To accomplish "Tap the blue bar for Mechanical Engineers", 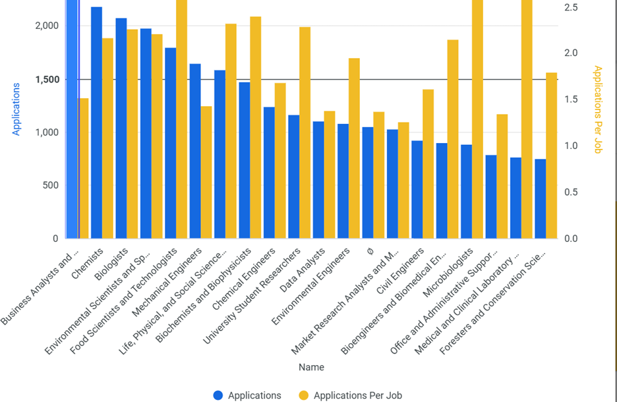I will pyautogui.click(x=195, y=151).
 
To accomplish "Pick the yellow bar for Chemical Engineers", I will pyautogui.click(x=280, y=161).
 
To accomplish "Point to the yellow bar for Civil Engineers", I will pyautogui.click(x=428, y=164).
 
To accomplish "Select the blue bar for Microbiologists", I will pyautogui.click(x=467, y=192).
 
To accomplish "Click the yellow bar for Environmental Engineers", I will pyautogui.click(x=355, y=148).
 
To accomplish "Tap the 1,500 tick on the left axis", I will pyautogui.click(x=46, y=80).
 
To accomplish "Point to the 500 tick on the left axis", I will pyautogui.click(x=50, y=185).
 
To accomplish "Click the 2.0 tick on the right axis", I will pyautogui.click(x=571, y=53).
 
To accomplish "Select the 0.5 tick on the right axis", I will pyautogui.click(x=571, y=192).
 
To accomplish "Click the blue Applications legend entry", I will pyautogui.click(x=248, y=395).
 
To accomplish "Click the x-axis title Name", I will pyautogui.click(x=310, y=367).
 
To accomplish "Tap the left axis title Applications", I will pyautogui.click(x=17, y=109).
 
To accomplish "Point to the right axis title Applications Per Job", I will pyautogui.click(x=597, y=109).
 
